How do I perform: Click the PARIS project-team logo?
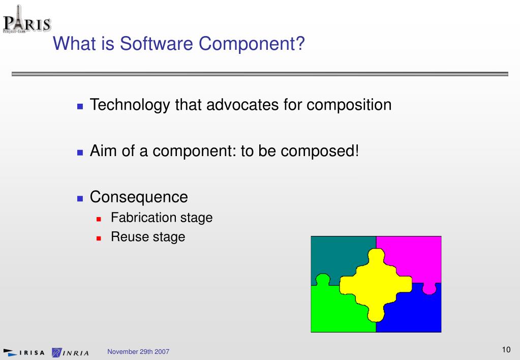[27, 19]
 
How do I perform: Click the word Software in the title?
[156, 43]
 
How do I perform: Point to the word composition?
[349, 105]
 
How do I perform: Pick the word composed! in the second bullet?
[320, 152]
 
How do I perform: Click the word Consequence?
[139, 197]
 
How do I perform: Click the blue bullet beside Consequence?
[80, 199]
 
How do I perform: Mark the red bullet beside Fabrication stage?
[99, 219]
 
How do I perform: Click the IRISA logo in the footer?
[23, 352]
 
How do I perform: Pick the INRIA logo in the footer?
[70, 352]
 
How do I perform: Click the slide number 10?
[506, 350]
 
